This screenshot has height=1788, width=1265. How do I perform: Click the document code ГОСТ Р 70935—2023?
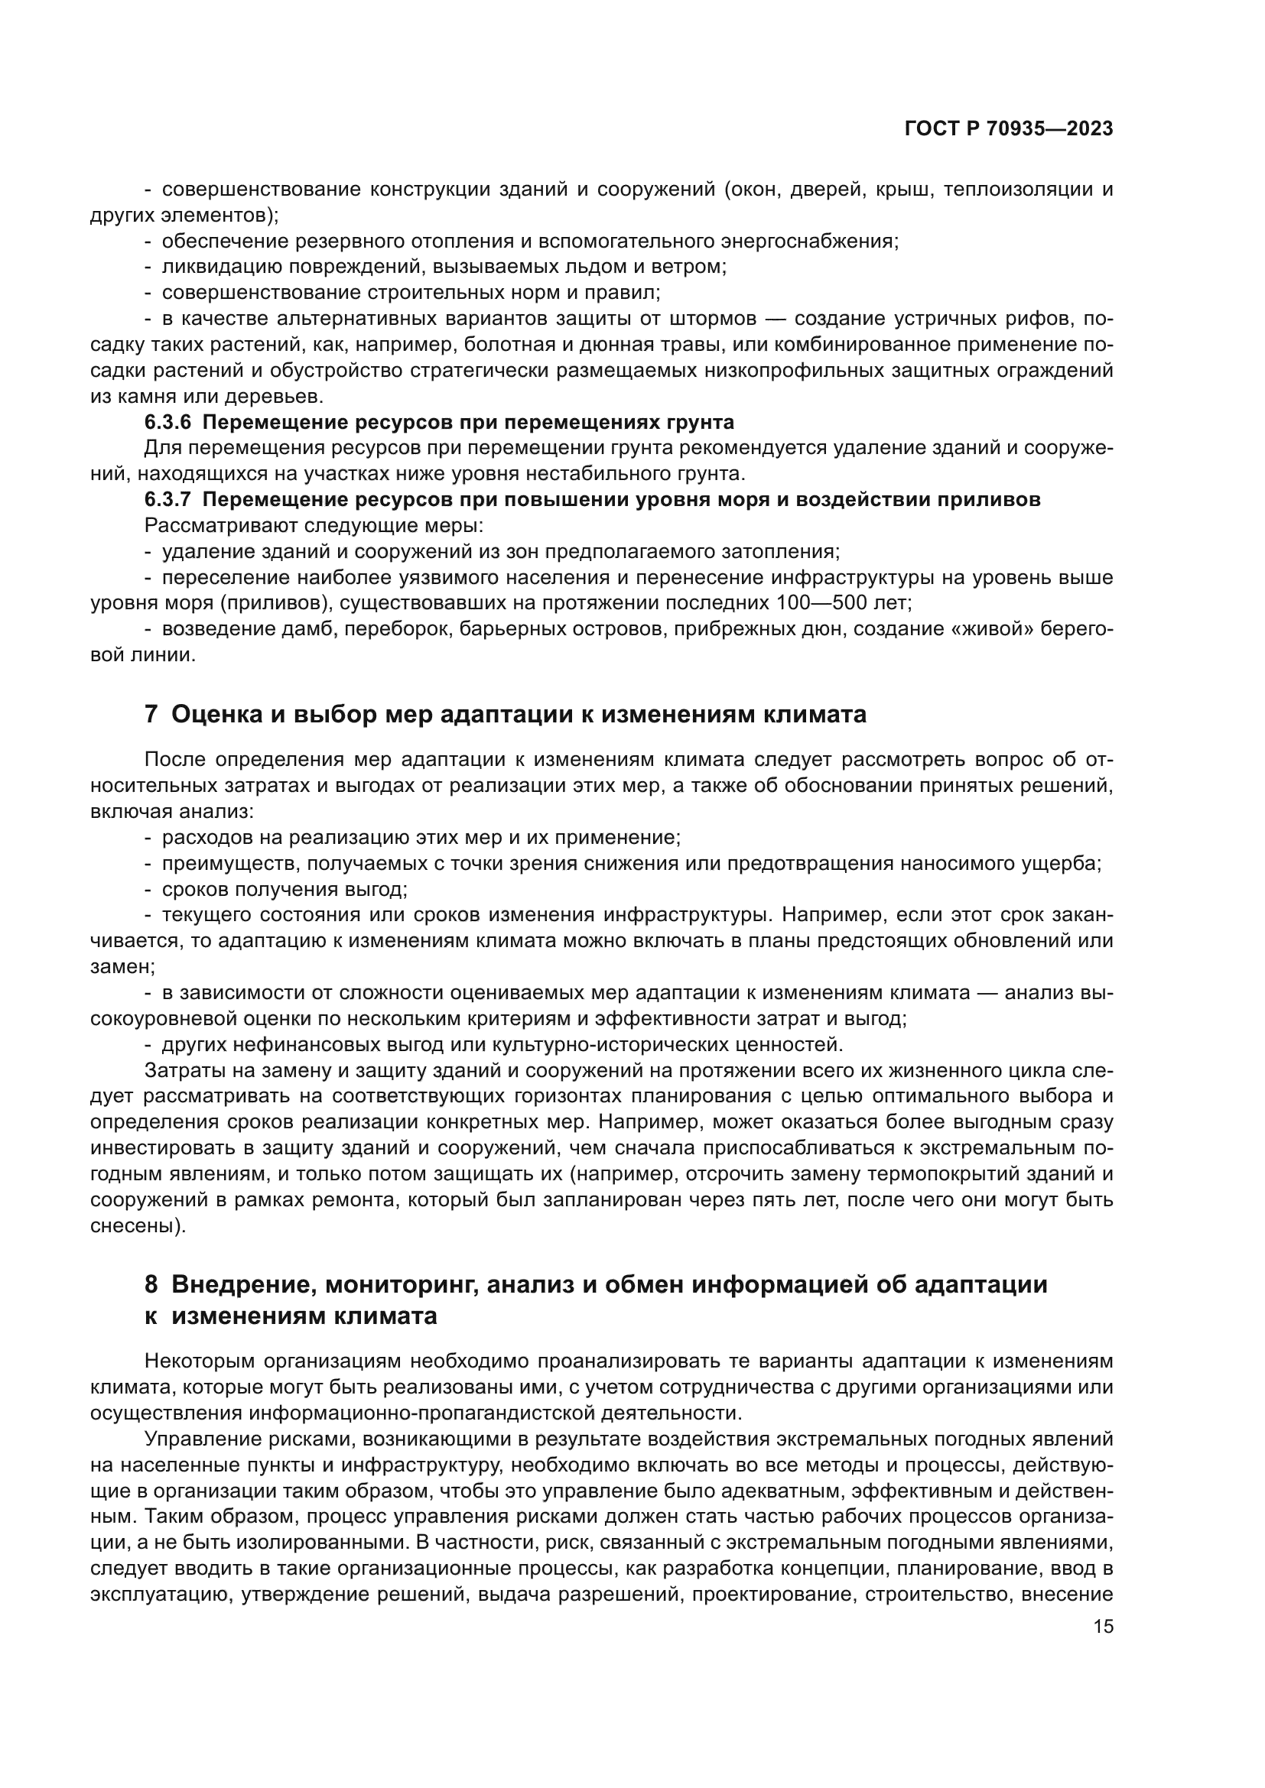(x=1008, y=129)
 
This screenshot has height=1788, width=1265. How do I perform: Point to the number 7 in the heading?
(x=151, y=714)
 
